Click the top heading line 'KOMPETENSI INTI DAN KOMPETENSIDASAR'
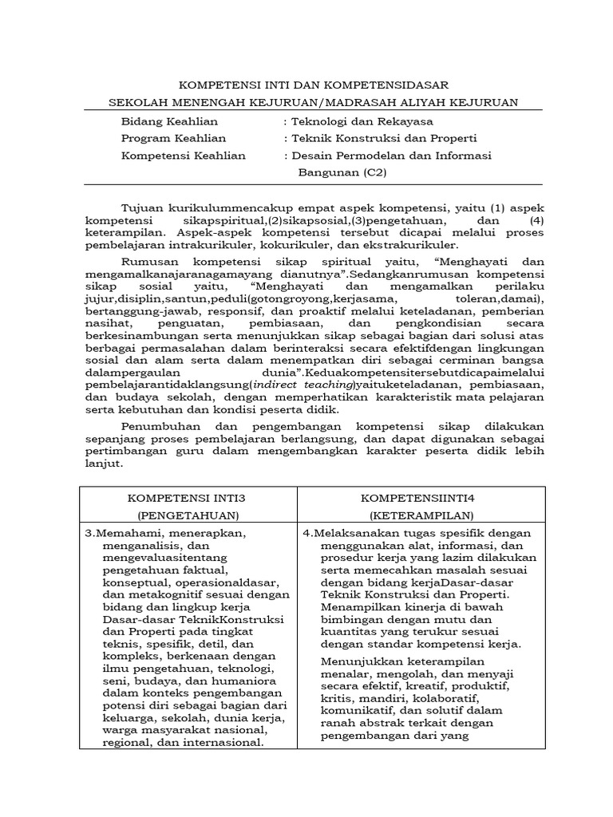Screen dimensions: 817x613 point(312,85)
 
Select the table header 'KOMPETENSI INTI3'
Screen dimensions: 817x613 point(188,497)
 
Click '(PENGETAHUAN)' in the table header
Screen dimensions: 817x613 point(188,515)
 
